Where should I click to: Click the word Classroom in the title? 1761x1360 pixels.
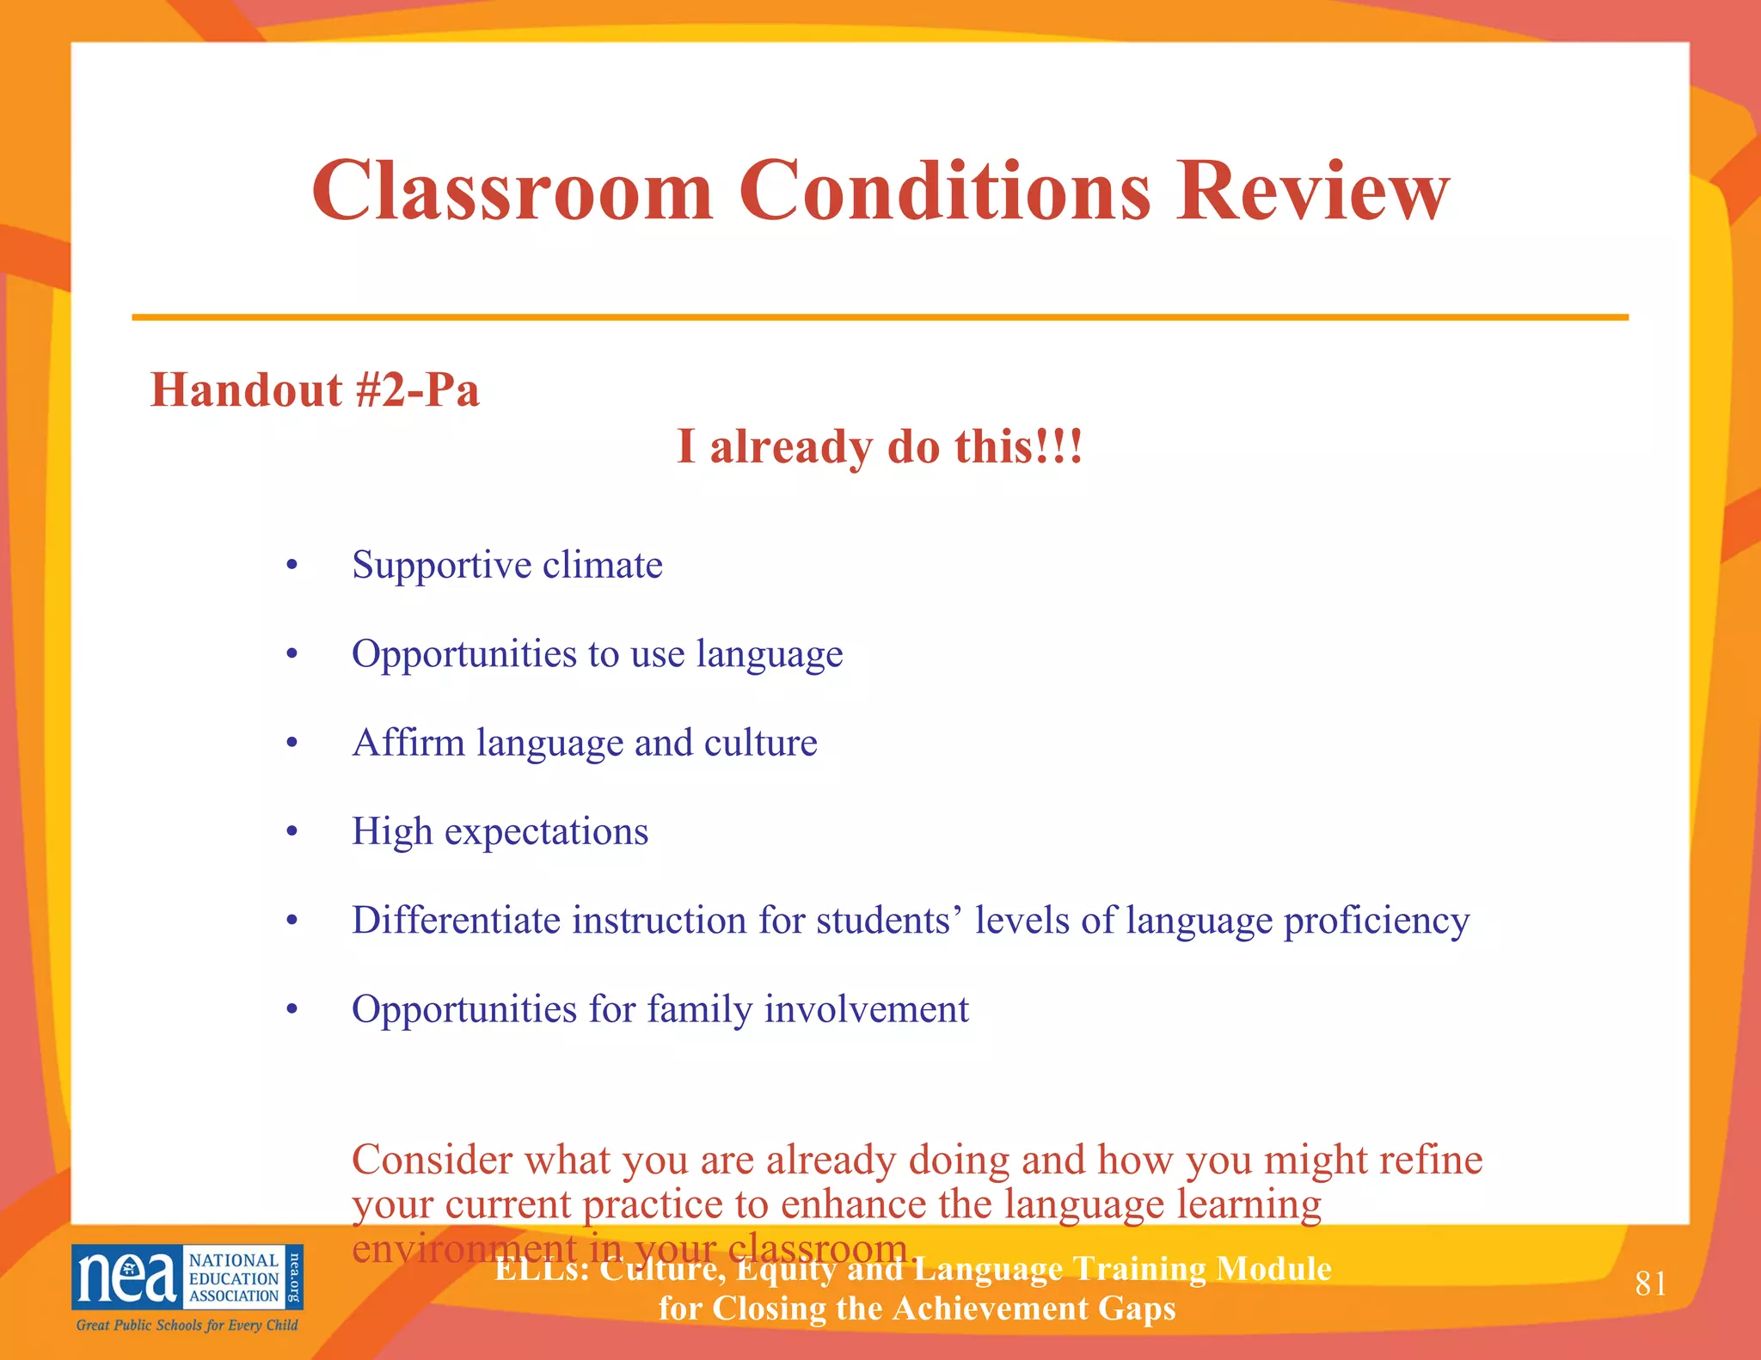coord(512,191)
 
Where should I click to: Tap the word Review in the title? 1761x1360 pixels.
coord(1313,191)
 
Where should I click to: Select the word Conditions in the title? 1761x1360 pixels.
coord(944,191)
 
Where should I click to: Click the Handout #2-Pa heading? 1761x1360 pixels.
coord(315,390)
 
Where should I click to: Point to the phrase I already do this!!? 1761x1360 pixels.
coord(880,447)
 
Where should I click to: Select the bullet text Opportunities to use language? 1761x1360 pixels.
coord(597,655)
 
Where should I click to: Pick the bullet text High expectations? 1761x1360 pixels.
coord(500,832)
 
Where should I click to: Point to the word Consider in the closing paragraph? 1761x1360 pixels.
coord(432,1161)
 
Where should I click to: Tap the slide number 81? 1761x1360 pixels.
coord(1650,1284)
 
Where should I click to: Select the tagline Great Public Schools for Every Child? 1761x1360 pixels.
coord(187,1326)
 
